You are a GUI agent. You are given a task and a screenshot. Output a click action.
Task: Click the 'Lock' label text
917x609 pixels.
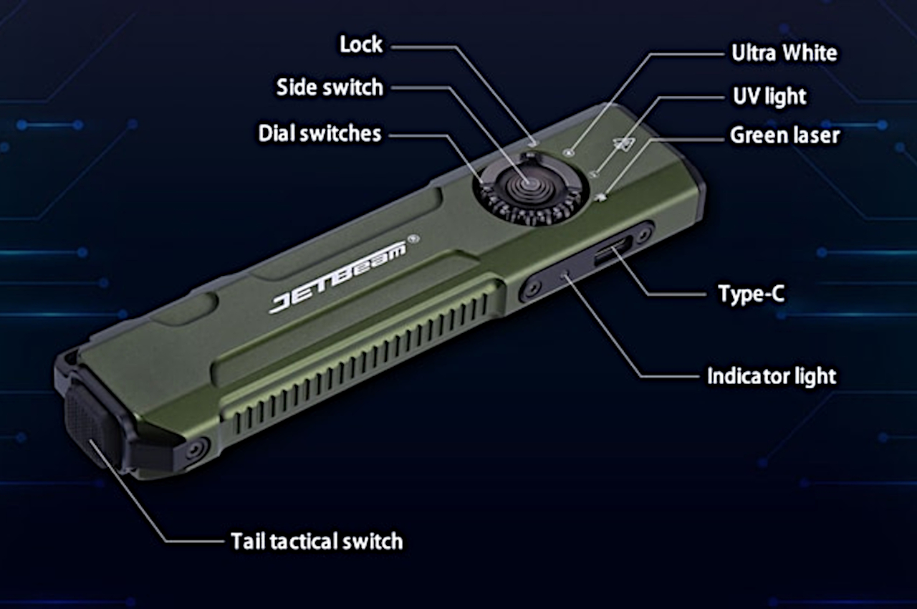pos(361,45)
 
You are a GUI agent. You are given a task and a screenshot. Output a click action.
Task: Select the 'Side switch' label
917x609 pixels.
pos(330,88)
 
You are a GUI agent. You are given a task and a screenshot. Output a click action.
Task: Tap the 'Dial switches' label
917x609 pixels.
pos(320,133)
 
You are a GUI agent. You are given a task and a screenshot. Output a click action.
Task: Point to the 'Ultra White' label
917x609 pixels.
pos(784,53)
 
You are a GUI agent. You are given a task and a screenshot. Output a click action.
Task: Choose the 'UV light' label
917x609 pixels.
pos(769,97)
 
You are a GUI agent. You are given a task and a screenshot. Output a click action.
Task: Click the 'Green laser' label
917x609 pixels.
pos(784,135)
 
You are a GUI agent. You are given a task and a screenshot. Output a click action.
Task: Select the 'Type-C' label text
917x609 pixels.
pos(750,294)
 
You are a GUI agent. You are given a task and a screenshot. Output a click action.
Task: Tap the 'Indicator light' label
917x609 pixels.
pos(772,376)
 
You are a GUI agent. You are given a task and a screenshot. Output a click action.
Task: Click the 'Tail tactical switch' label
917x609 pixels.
pos(317,541)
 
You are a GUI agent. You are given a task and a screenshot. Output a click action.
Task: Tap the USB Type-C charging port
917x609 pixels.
pos(612,252)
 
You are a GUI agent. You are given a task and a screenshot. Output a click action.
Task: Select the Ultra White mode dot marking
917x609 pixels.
pos(569,152)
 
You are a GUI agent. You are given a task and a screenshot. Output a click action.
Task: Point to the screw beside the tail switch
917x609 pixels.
pos(193,451)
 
